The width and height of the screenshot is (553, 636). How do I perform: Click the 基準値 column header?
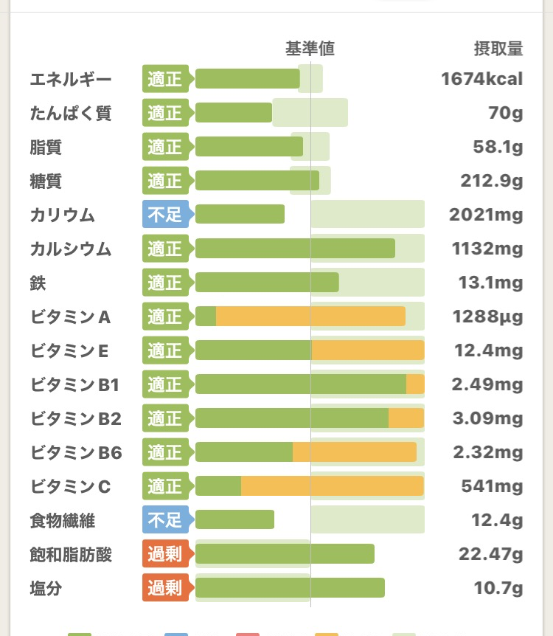tap(310, 49)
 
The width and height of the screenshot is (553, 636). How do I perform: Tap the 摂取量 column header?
tap(498, 49)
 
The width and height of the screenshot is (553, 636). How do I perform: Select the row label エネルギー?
tap(71, 80)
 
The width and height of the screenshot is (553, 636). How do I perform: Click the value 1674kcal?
tap(482, 80)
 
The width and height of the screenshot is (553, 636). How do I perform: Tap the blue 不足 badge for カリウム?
tap(165, 215)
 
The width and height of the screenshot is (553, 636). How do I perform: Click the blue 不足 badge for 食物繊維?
tap(165, 520)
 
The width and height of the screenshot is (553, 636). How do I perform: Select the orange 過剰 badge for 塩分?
tap(165, 588)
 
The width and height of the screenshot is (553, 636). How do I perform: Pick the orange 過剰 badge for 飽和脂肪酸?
tap(165, 554)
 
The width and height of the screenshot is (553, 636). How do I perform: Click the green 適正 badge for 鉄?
tap(165, 283)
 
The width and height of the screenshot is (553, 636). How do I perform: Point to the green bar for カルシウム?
tap(295, 249)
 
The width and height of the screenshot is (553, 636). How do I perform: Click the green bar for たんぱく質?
tap(234, 113)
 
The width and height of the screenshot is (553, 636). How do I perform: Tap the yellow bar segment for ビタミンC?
tap(332, 486)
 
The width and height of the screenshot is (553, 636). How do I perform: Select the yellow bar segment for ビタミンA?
tap(310, 317)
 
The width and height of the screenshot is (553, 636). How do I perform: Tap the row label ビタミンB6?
tap(77, 452)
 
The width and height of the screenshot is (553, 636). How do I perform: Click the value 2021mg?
tap(486, 215)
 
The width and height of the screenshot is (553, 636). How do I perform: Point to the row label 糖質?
tap(46, 181)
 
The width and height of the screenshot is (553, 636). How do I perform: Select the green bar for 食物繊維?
tap(234, 520)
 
